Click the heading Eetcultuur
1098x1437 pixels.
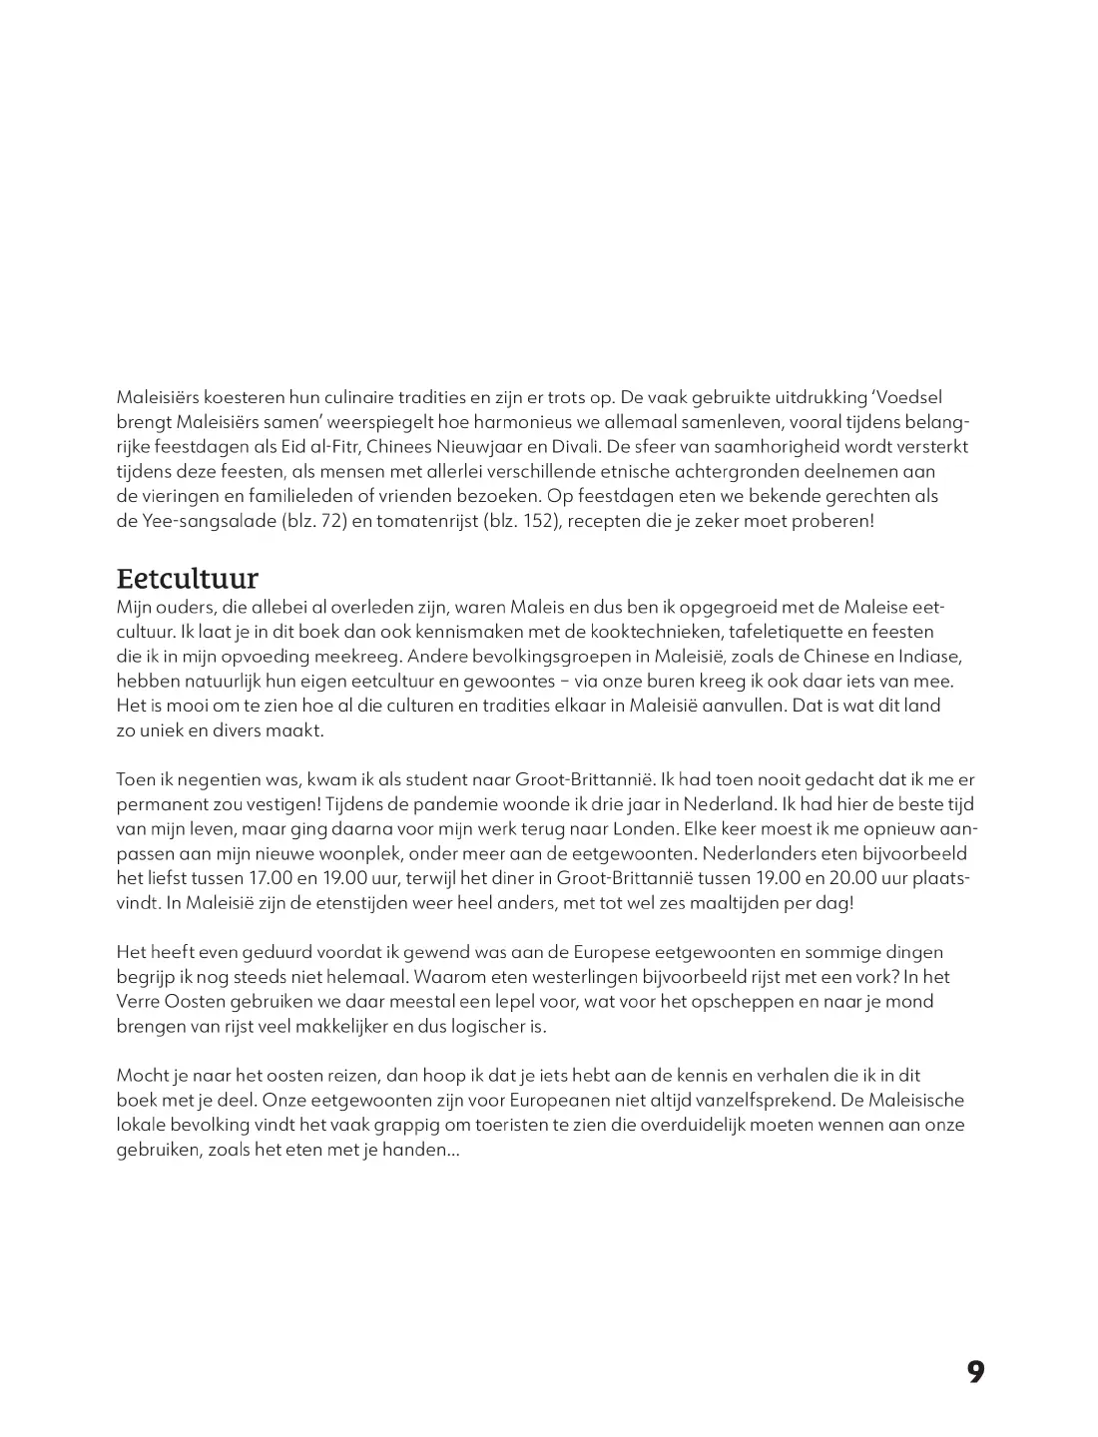[x=188, y=579]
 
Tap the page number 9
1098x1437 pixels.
[x=975, y=1372]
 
